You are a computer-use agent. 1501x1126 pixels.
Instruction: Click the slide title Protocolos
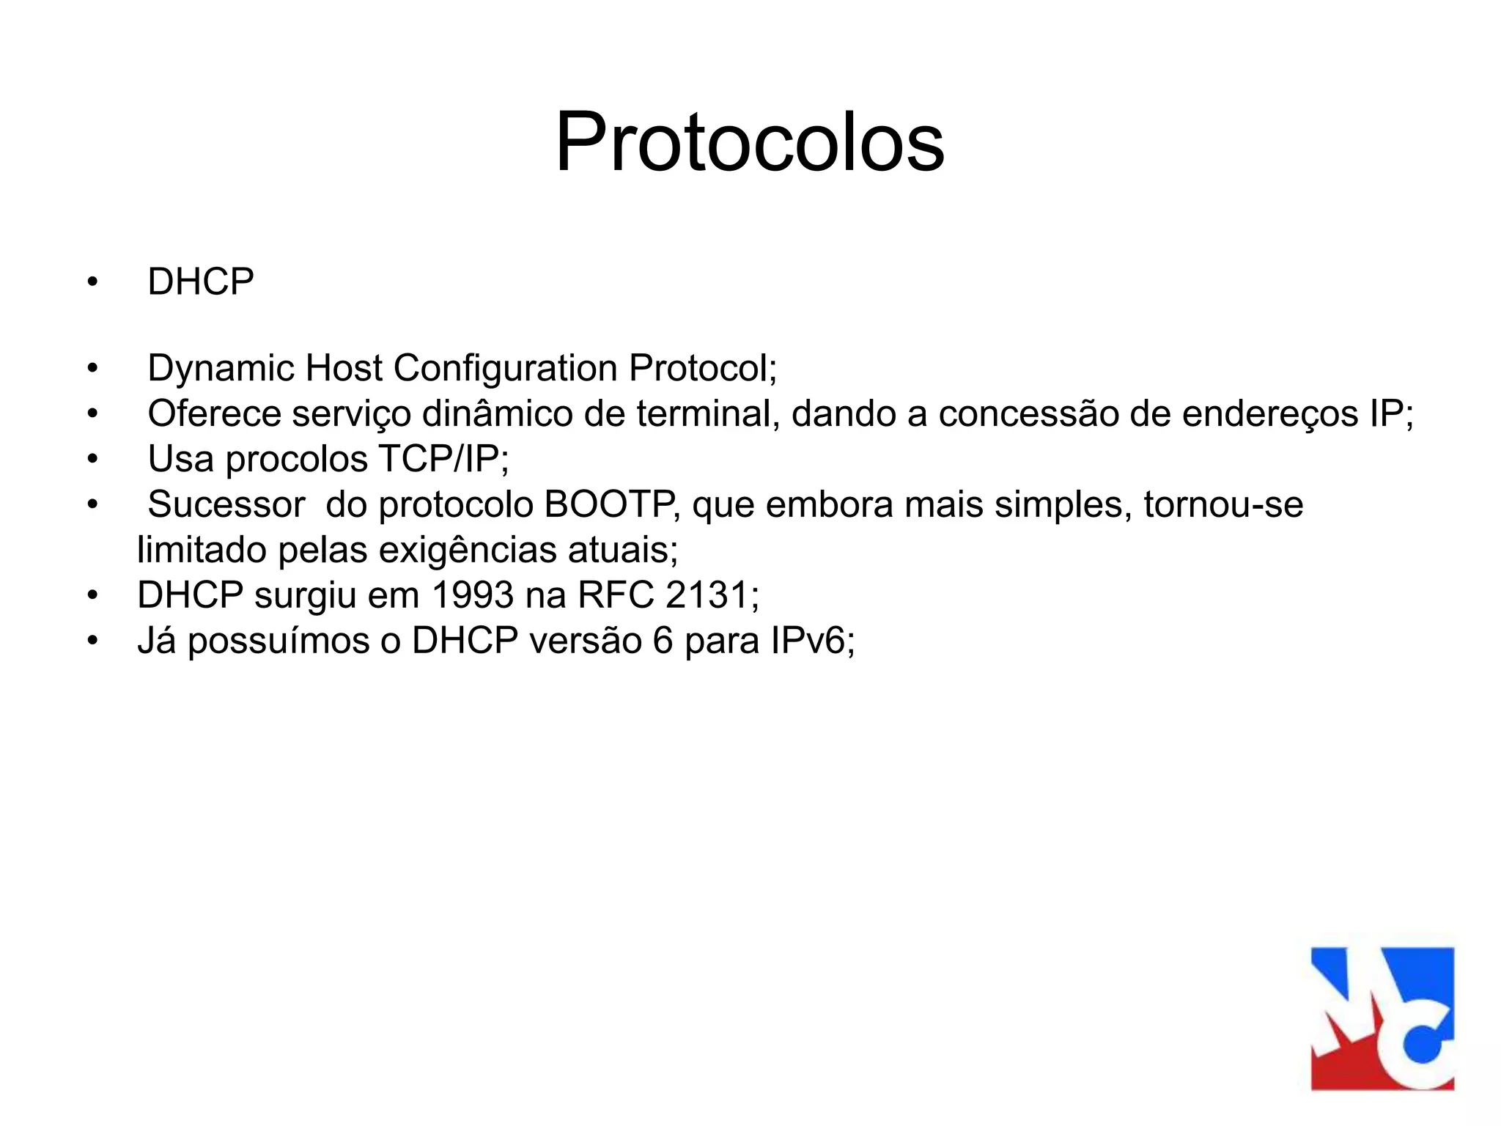pyautogui.click(x=750, y=141)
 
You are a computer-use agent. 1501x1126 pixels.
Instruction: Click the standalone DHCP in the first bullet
pyautogui.click(x=201, y=281)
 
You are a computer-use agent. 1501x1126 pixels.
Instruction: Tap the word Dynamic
pyautogui.click(x=221, y=368)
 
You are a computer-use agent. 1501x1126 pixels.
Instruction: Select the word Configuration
pyautogui.click(x=505, y=368)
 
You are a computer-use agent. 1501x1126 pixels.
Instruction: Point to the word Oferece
pyautogui.click(x=214, y=413)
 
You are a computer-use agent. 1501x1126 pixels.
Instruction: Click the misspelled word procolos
pyautogui.click(x=296, y=460)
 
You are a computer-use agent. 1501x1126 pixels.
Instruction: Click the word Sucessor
pyautogui.click(x=226, y=505)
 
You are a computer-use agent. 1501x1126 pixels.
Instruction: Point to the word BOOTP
pyautogui.click(x=610, y=505)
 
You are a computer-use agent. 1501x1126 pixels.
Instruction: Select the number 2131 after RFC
pyautogui.click(x=707, y=595)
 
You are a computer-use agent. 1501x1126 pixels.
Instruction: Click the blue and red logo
pyautogui.click(x=1382, y=1018)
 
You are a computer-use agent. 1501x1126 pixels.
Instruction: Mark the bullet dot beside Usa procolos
pyautogui.click(x=92, y=460)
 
